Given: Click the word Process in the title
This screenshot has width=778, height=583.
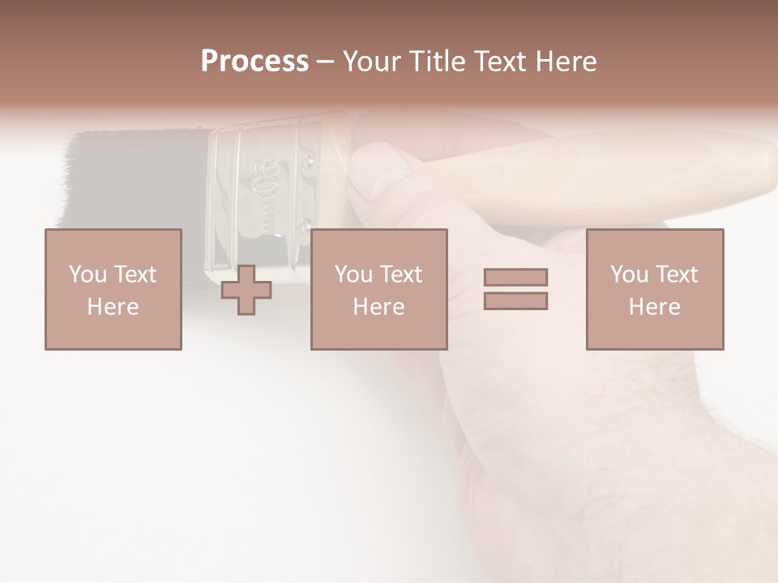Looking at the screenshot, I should click(x=254, y=62).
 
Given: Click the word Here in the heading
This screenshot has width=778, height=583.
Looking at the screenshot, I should click(x=567, y=62).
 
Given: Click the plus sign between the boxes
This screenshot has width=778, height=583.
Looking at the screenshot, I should click(x=246, y=290).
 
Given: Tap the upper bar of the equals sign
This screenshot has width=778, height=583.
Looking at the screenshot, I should click(x=515, y=277).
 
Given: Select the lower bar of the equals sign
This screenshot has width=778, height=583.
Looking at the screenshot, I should click(x=515, y=301).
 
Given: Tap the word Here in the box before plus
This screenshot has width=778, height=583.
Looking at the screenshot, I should click(x=113, y=307).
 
